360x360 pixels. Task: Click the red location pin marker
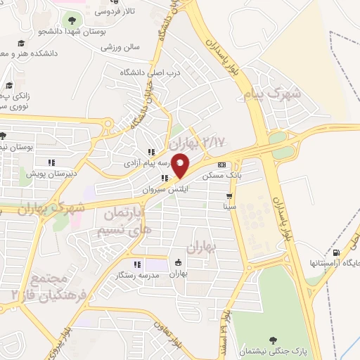click(180, 165)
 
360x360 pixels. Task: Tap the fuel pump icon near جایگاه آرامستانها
click(335, 252)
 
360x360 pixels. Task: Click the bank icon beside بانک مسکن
click(221, 165)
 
